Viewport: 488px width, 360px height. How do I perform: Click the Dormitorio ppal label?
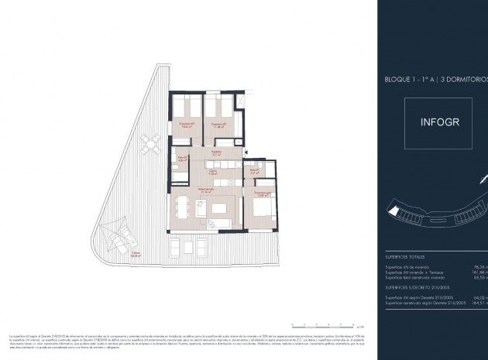[260, 193]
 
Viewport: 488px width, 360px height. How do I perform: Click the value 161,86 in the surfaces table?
[479, 273]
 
